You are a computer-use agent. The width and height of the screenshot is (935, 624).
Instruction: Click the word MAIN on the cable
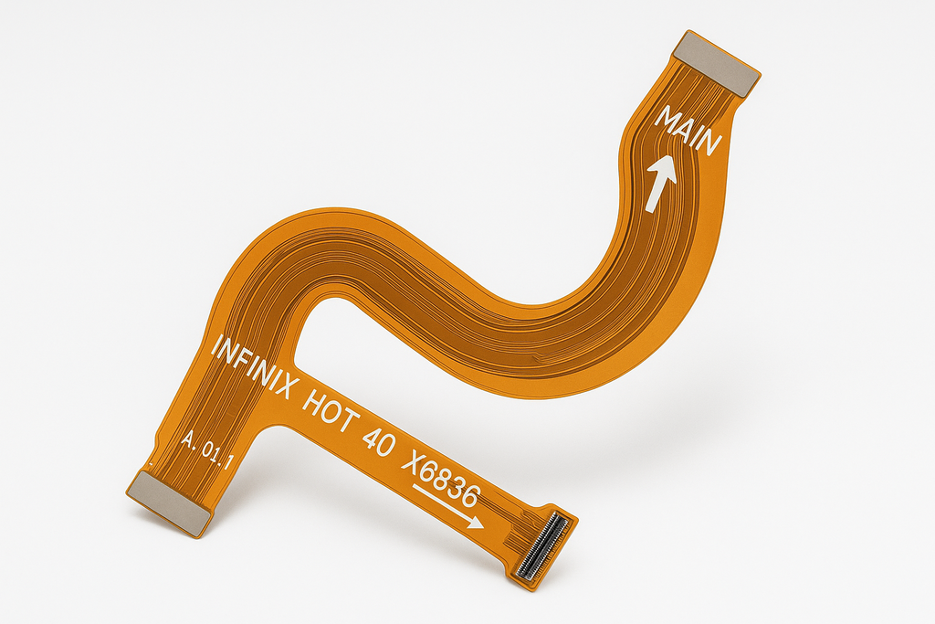click(x=688, y=131)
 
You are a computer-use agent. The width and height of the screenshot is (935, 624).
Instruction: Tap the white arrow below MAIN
click(x=661, y=183)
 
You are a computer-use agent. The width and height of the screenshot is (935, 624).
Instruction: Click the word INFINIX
click(x=254, y=366)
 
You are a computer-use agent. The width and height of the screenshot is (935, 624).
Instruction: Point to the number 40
click(x=378, y=441)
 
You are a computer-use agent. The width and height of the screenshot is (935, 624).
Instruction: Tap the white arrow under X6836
click(x=447, y=506)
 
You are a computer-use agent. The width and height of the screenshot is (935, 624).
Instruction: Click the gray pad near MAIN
click(x=717, y=64)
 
